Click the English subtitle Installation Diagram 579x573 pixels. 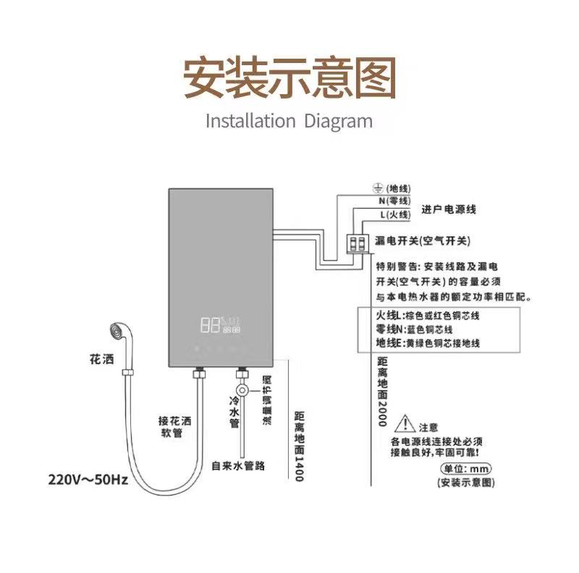[x=289, y=120]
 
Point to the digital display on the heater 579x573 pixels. [x=221, y=325]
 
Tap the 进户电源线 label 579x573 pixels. [x=449, y=209]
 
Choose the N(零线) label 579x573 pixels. [x=394, y=201]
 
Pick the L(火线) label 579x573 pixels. [x=394, y=214]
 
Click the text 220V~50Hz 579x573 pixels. [x=88, y=480]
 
